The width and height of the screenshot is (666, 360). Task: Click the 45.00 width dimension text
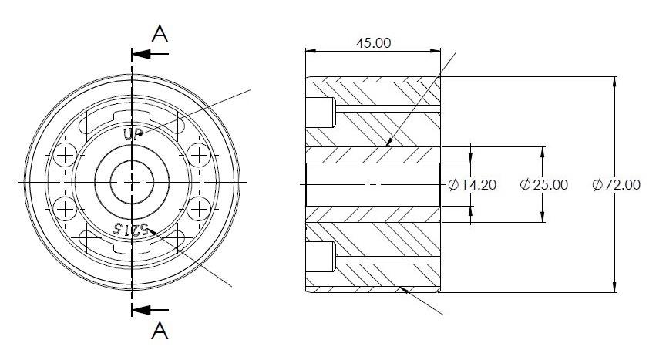[372, 43]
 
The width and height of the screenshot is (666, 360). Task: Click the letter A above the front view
[159, 33]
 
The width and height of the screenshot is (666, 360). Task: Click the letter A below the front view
[159, 331]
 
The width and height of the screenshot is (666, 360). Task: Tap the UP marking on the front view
[133, 133]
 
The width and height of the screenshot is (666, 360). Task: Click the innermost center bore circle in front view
[133, 181]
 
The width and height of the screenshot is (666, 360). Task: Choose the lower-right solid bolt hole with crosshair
[200, 208]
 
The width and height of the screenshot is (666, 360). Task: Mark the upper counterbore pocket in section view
[321, 113]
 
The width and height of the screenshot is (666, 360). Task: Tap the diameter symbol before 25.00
[525, 185]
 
